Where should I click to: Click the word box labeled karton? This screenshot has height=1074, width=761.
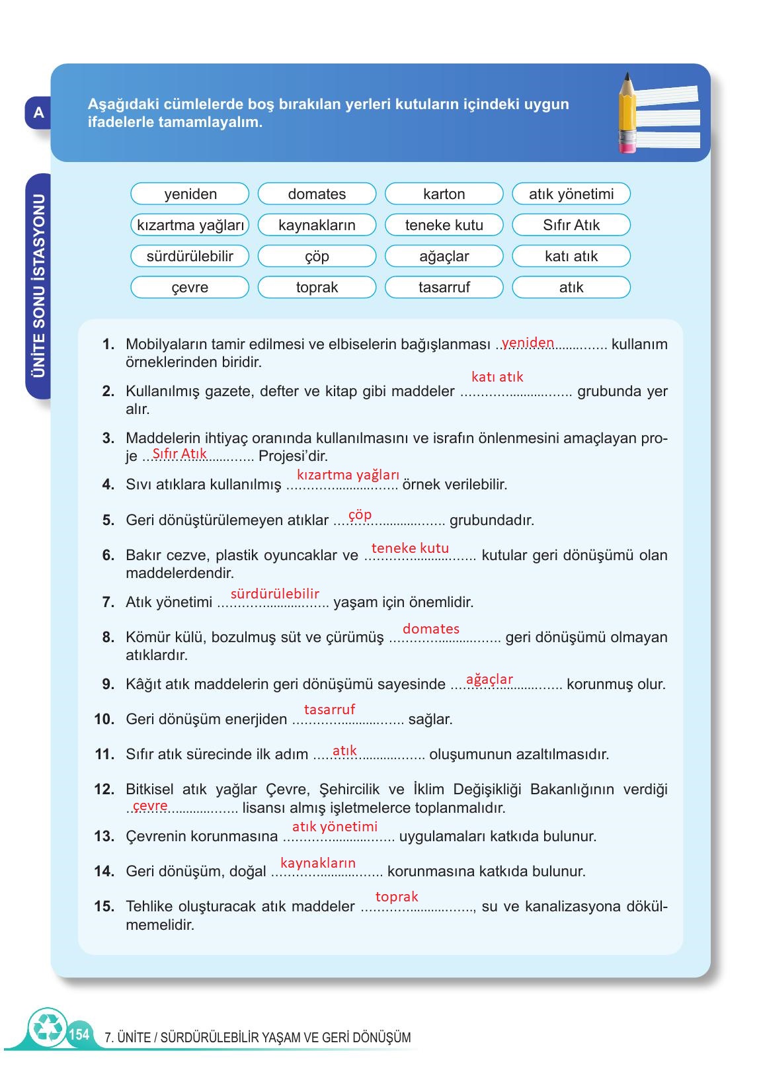(x=444, y=194)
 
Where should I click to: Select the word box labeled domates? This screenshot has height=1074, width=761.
(x=317, y=194)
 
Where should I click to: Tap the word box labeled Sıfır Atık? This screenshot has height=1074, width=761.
(x=571, y=225)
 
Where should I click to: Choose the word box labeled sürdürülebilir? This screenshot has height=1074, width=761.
(x=190, y=256)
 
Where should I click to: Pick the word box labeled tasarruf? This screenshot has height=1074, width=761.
(x=444, y=287)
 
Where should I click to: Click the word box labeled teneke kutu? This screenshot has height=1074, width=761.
(x=444, y=225)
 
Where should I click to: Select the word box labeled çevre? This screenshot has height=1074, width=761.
(x=190, y=287)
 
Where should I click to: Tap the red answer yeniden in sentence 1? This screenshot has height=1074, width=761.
(x=528, y=342)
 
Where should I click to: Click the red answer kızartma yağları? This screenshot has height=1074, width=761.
(x=348, y=475)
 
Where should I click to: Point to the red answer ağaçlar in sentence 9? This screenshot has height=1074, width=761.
(x=489, y=679)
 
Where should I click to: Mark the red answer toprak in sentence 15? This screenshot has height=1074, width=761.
(x=397, y=897)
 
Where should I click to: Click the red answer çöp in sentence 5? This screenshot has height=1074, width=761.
(x=360, y=515)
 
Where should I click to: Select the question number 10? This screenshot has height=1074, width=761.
(x=104, y=720)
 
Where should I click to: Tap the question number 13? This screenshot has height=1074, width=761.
(x=104, y=837)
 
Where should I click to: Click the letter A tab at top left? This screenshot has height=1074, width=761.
(x=38, y=113)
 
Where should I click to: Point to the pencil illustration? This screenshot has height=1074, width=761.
(x=627, y=112)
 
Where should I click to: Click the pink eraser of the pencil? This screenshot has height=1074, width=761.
(x=626, y=145)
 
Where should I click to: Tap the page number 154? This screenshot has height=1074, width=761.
(x=79, y=1034)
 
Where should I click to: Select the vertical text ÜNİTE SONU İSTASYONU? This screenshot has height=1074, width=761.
(x=39, y=286)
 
